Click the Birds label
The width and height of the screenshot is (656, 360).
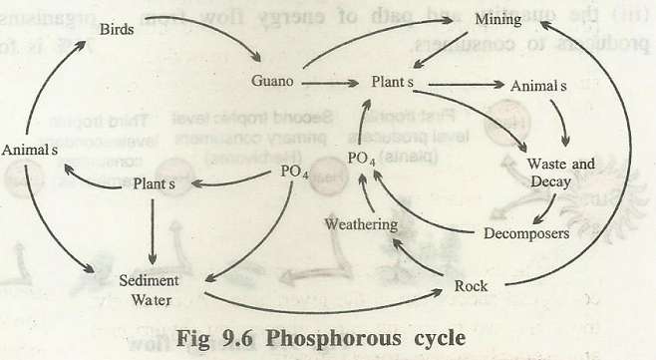pos(121,30)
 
